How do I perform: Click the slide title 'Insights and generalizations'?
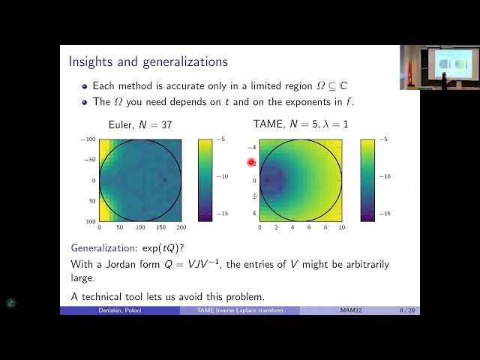[148, 61]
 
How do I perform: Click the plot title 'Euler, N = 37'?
[140, 124]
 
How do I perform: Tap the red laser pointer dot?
[251, 162]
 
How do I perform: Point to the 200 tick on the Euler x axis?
[181, 227]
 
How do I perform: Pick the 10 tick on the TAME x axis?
[342, 227]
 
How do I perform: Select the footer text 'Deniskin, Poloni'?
[119, 310]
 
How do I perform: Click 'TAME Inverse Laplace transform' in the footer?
[240, 310]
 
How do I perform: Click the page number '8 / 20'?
[407, 310]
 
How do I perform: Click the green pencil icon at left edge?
[10, 303]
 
